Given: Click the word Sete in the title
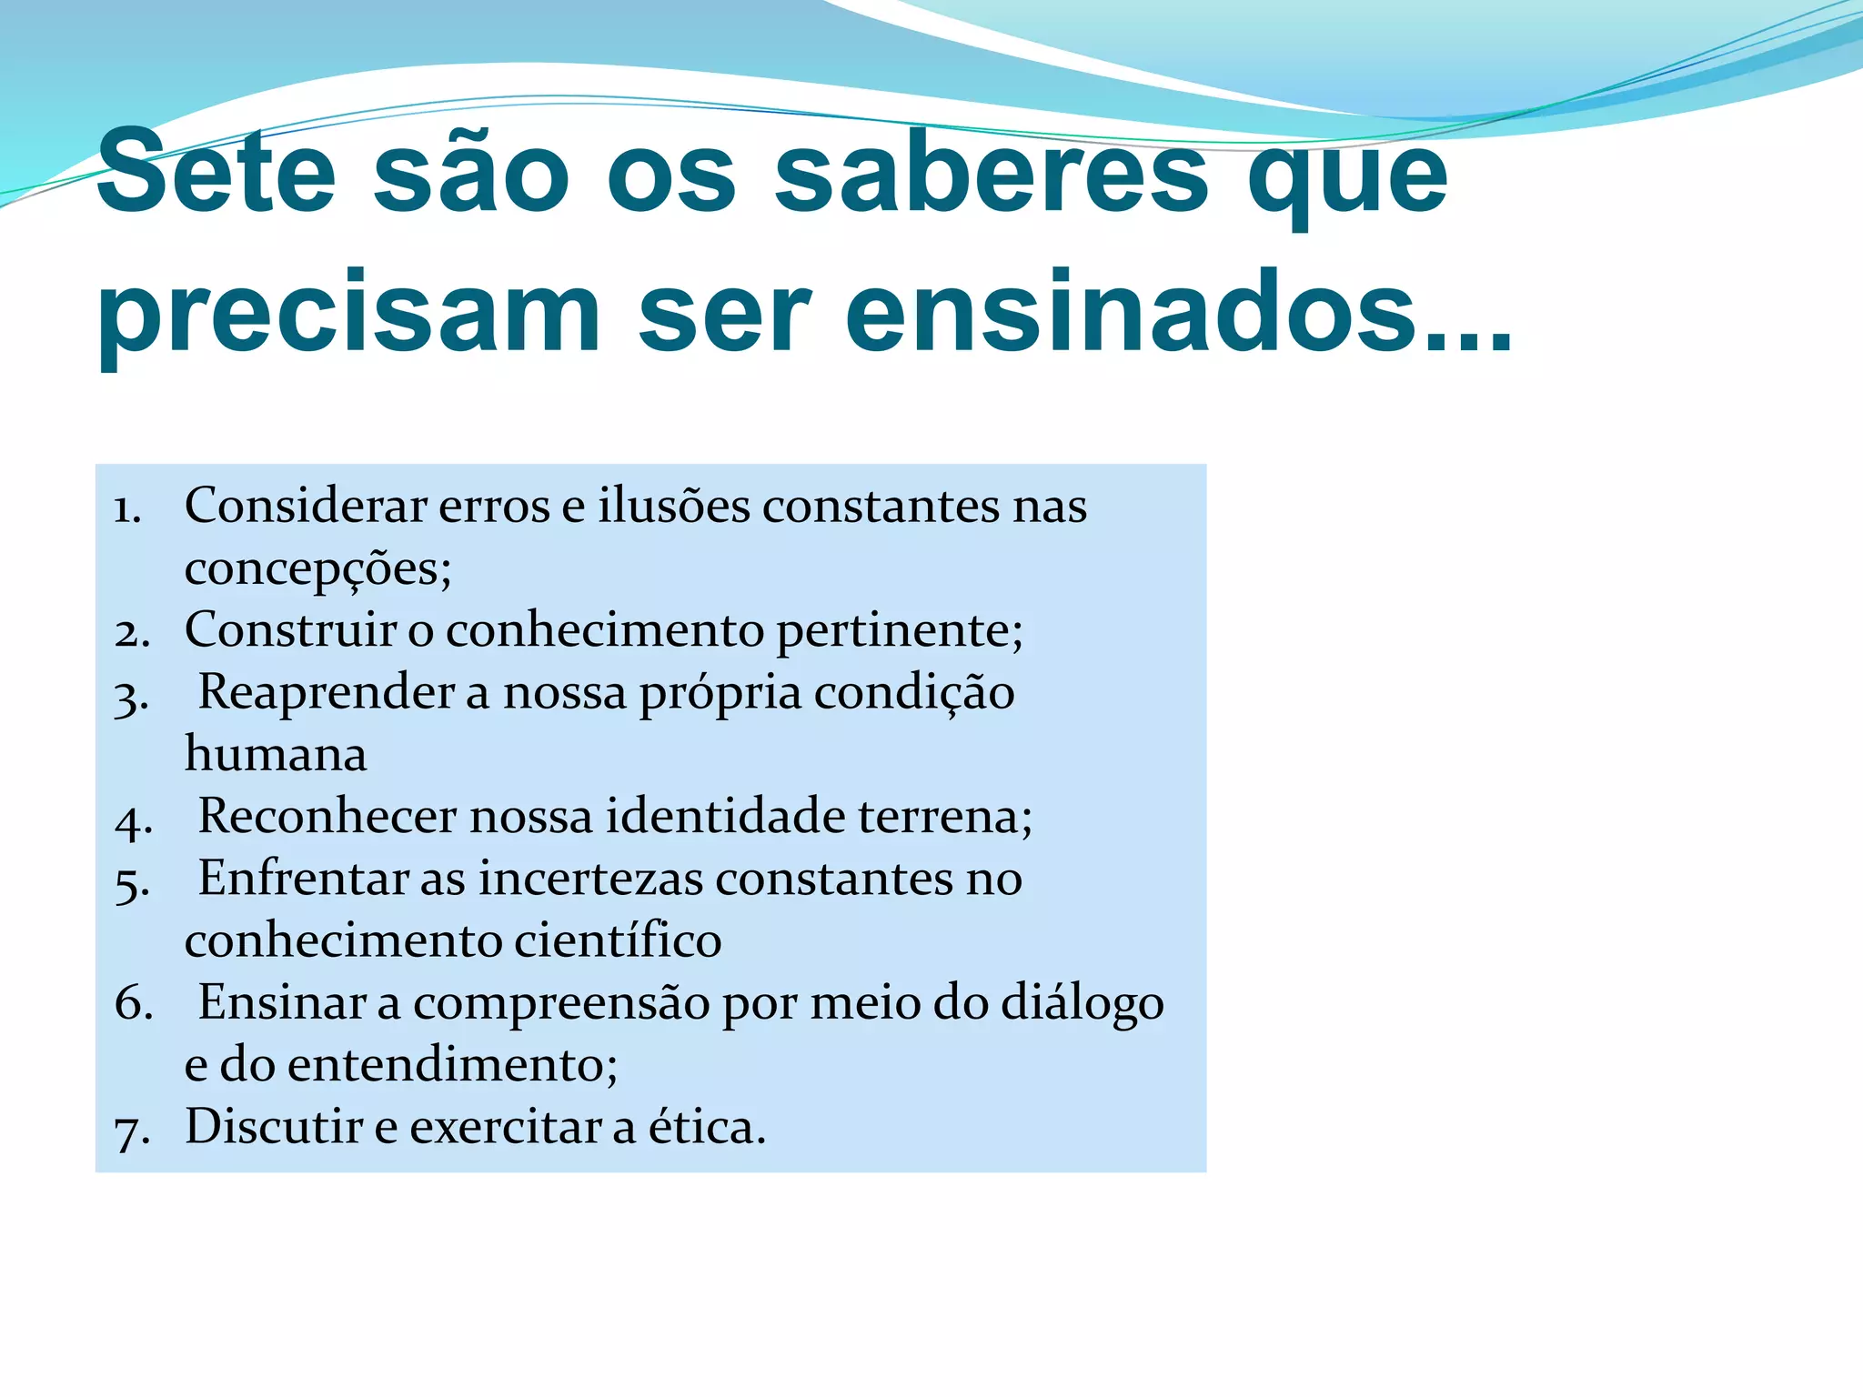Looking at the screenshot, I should (x=217, y=172).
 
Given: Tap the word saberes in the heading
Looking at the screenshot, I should (x=991, y=172).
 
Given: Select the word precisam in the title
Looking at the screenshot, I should (x=348, y=314).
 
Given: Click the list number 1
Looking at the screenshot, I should (x=127, y=509).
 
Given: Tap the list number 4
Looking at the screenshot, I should (x=133, y=820).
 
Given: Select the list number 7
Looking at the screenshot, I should (x=132, y=1131).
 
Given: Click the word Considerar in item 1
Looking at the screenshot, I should (x=306, y=506).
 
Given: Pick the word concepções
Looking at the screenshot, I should (x=317, y=569).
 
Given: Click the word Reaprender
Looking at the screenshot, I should (x=326, y=693).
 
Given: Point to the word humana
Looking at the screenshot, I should (x=276, y=755).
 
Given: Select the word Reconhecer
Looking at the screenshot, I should (x=327, y=816).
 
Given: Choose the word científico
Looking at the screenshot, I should (x=618, y=940).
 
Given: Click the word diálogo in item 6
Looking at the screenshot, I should (x=1082, y=1004).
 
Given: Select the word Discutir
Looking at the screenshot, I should (x=274, y=1127).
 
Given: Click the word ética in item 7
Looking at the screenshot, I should (x=706, y=1127).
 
